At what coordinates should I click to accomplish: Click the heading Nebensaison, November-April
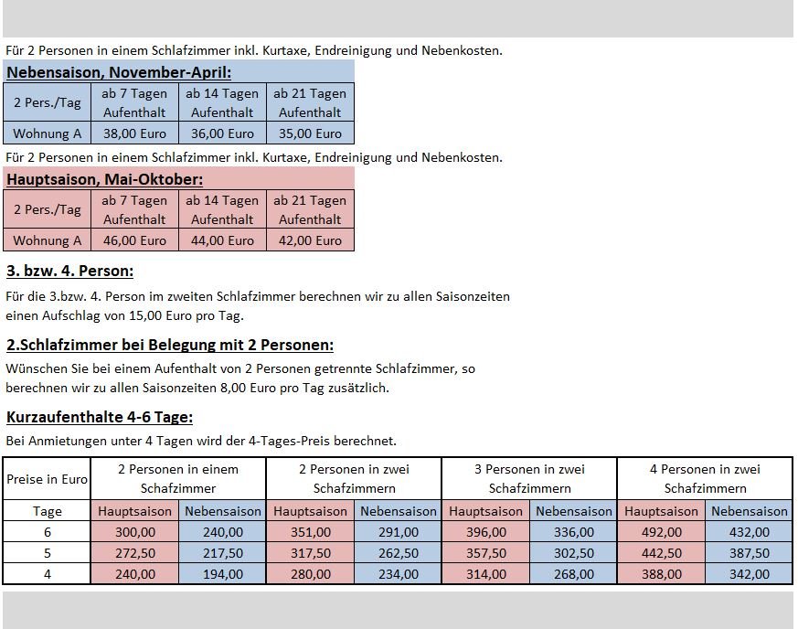pos(119,72)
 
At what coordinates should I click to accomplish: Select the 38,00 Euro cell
pos(134,133)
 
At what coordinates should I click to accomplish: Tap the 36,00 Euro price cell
pos(222,133)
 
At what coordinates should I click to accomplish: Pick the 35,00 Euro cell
pos(310,133)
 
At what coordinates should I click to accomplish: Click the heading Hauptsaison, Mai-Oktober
pos(105,179)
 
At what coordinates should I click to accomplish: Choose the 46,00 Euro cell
pos(134,240)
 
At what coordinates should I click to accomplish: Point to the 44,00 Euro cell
pos(222,240)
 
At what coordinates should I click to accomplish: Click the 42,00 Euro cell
pos(310,240)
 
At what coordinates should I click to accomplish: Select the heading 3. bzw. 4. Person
pos(69,271)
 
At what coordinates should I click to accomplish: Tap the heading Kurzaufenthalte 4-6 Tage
pos(100,417)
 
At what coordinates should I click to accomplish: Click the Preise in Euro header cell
pos(47,479)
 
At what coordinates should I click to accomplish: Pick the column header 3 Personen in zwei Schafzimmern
pos(529,479)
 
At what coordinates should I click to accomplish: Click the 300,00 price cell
pos(134,532)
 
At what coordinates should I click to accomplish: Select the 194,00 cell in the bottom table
pos(222,574)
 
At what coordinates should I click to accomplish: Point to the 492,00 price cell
pos(661,532)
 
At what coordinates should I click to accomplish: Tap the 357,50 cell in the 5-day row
pos(485,553)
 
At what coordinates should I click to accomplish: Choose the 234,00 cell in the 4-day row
pos(398,574)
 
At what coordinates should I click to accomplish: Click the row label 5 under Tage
pos(47,553)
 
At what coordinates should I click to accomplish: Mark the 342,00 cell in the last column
pos(749,574)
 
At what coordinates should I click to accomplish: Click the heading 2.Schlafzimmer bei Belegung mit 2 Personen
pos(170,345)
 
